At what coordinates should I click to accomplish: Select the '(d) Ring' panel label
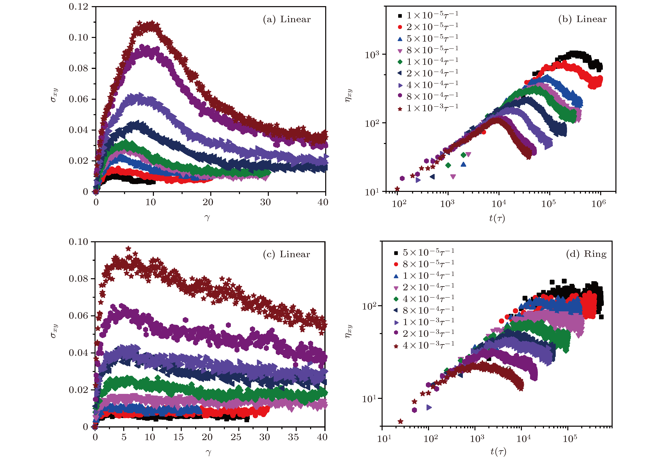pos(586,254)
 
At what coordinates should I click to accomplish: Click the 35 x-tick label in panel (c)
pos(293,437)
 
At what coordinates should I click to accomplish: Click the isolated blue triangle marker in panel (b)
pos(463,164)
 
